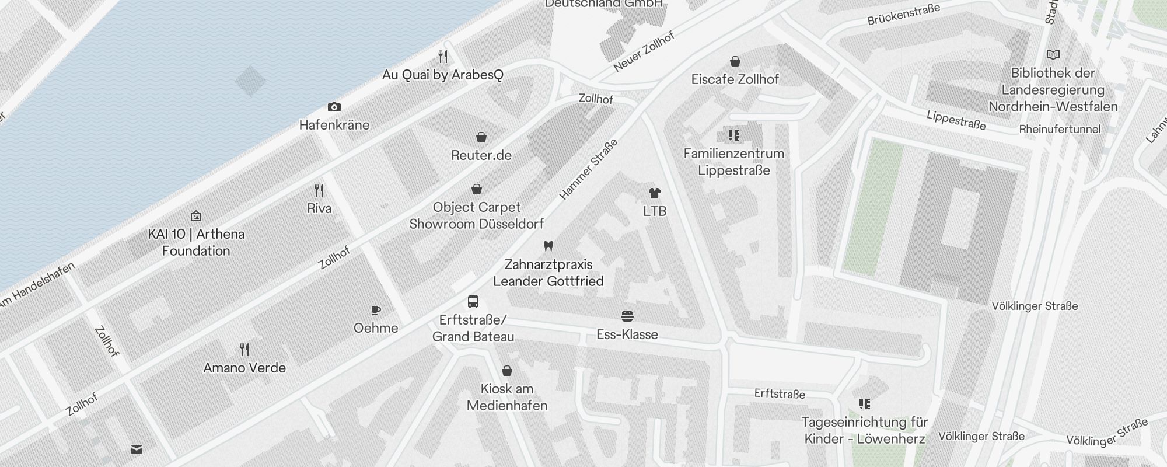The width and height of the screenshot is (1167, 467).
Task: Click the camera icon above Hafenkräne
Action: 334,107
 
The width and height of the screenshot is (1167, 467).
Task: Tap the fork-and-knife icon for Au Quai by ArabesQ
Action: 443,57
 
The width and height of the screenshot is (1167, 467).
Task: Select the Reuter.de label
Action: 481,155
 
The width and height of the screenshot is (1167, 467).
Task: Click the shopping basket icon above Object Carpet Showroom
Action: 477,189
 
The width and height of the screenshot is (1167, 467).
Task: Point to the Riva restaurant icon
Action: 319,190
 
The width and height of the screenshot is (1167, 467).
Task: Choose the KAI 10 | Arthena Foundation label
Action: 196,242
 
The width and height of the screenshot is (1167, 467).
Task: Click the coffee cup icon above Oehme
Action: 376,310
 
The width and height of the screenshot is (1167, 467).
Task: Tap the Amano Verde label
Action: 244,368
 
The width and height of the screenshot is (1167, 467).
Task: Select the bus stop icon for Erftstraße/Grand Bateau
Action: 473,302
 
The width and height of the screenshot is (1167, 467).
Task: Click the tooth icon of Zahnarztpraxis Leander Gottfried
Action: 548,246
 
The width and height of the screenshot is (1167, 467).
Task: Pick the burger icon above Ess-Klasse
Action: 627,316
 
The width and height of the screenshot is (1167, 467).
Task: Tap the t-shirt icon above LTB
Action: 654,193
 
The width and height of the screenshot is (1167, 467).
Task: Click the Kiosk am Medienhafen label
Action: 507,397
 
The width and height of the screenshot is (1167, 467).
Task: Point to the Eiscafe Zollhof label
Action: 735,79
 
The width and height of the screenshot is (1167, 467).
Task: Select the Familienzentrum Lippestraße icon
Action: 734,136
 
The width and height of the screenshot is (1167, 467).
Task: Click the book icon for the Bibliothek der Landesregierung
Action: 1053,55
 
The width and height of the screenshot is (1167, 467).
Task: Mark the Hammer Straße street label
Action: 588,170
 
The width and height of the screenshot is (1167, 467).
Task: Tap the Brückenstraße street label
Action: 903,15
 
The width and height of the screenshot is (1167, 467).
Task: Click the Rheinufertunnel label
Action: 1060,130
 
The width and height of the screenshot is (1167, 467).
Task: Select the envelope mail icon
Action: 137,449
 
